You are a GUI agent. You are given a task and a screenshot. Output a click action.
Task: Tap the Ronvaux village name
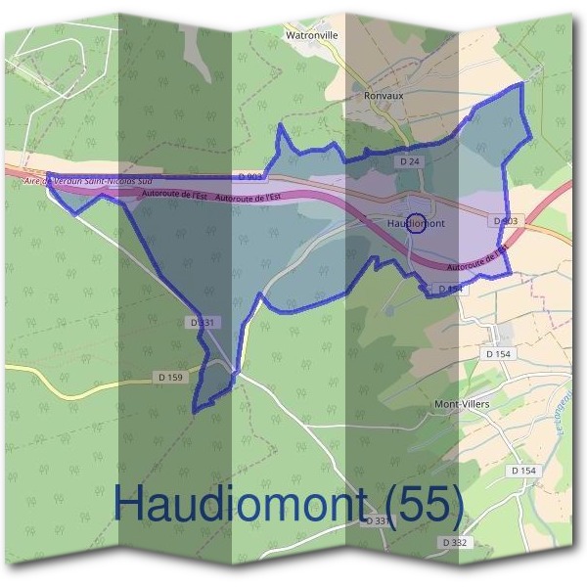[384, 97]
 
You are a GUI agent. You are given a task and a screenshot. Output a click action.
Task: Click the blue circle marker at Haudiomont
[415, 223]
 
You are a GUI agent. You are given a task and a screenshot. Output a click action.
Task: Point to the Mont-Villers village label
[461, 403]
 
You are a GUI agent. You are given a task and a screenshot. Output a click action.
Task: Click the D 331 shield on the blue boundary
[200, 322]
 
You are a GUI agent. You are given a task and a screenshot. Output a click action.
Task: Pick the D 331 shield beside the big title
[375, 521]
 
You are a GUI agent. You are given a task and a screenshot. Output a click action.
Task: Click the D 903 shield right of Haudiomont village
[505, 222]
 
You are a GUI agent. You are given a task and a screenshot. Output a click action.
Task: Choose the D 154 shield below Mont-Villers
[523, 471]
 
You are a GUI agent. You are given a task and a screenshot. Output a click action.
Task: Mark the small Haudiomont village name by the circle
[418, 224]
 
